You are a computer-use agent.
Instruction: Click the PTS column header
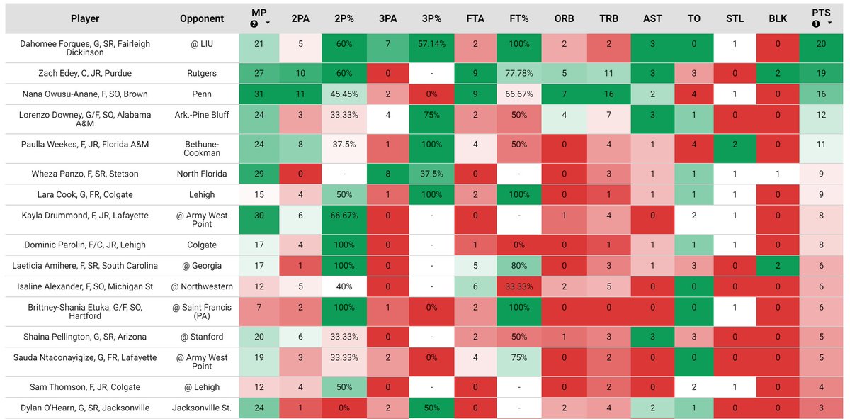pyautogui.click(x=820, y=13)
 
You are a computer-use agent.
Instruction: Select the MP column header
pyautogui.click(x=260, y=13)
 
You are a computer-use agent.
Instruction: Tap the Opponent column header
pyautogui.click(x=202, y=18)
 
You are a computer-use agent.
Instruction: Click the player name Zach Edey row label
pyautogui.click(x=85, y=73)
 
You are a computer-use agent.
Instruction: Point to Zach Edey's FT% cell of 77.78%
pyautogui.click(x=518, y=73)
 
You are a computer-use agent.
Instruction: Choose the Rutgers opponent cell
pyautogui.click(x=202, y=73)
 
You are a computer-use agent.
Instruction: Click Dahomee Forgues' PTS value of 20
pyautogui.click(x=820, y=44)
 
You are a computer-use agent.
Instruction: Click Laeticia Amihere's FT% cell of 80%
pyautogui.click(x=518, y=266)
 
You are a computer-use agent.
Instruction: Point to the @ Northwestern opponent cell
pyautogui.click(x=202, y=286)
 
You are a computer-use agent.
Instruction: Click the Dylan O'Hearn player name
pyautogui.click(x=85, y=408)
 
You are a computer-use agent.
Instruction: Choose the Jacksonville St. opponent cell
pyautogui.click(x=202, y=408)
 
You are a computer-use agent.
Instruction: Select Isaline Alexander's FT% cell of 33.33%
pyautogui.click(x=518, y=286)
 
